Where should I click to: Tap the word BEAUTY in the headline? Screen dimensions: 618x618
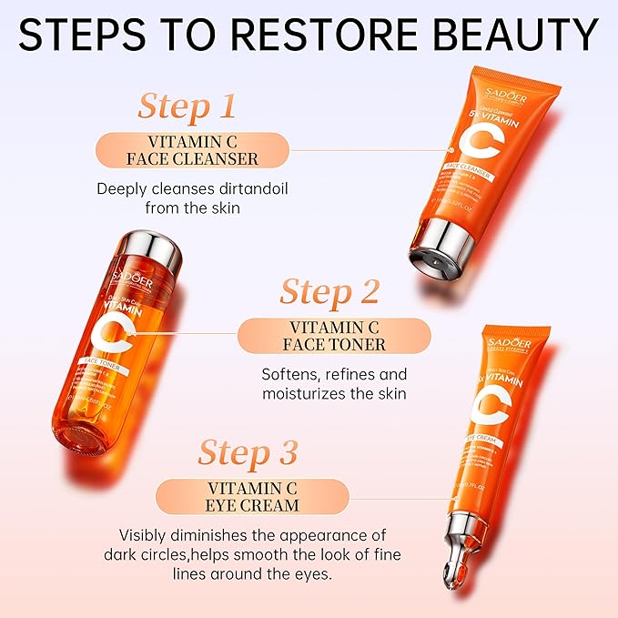511,35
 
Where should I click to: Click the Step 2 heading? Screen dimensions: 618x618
329,293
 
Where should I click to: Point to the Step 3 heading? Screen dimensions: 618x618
248,452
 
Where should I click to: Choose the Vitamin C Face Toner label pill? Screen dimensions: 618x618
334,336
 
